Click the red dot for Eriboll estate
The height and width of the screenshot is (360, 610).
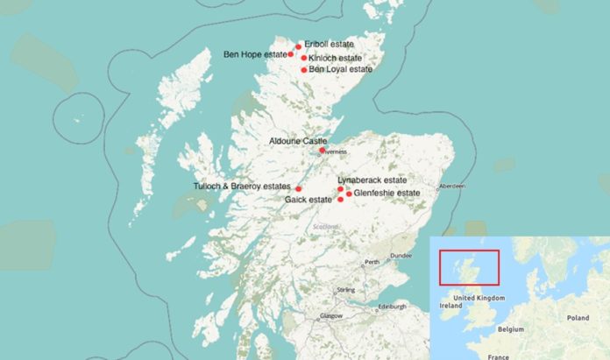pyautogui.click(x=298, y=46)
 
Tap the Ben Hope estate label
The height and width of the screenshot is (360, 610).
pyautogui.click(x=254, y=54)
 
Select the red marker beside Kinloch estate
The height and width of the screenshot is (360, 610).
pyautogui.click(x=303, y=59)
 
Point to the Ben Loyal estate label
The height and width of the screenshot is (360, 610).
pyautogui.click(x=341, y=69)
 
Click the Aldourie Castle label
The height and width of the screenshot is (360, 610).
pyautogui.click(x=297, y=140)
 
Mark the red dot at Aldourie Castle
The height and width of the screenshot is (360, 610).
pyautogui.click(x=322, y=150)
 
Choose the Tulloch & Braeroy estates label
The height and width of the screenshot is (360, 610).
pyautogui.click(x=241, y=186)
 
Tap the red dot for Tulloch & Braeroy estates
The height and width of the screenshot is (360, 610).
pyautogui.click(x=299, y=188)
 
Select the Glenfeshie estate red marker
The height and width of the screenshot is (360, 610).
pyautogui.click(x=349, y=194)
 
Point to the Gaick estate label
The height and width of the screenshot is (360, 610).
pyautogui.click(x=309, y=200)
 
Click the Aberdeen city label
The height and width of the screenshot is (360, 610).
pyautogui.click(x=452, y=187)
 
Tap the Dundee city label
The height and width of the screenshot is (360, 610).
pyautogui.click(x=401, y=255)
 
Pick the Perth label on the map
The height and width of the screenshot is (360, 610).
pyautogui.click(x=372, y=262)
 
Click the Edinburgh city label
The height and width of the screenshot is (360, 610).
pyautogui.click(x=392, y=307)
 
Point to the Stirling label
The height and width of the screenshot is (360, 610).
pyautogui.click(x=346, y=289)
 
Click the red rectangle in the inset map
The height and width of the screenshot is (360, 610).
pyautogui.click(x=470, y=267)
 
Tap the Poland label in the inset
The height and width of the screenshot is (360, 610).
pyautogui.click(x=578, y=318)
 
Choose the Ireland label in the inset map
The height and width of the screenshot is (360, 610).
pyautogui.click(x=452, y=307)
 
